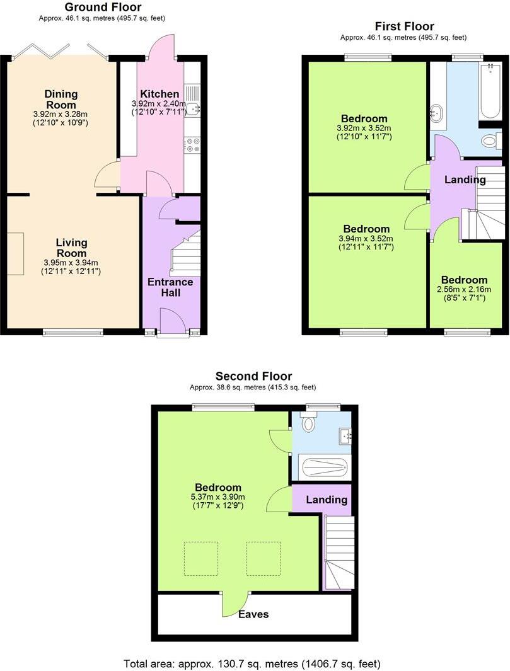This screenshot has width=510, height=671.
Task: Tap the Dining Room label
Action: click(61, 100)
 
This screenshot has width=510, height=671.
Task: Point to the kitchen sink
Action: click(192, 108)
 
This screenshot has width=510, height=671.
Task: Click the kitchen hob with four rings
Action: click(192, 146)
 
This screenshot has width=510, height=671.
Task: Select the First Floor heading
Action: click(404, 26)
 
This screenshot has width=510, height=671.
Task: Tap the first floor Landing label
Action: click(465, 180)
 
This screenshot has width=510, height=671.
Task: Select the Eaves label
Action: click(253, 614)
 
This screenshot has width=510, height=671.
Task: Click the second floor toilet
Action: click(308, 422)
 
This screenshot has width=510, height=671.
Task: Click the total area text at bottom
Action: click(252, 663)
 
